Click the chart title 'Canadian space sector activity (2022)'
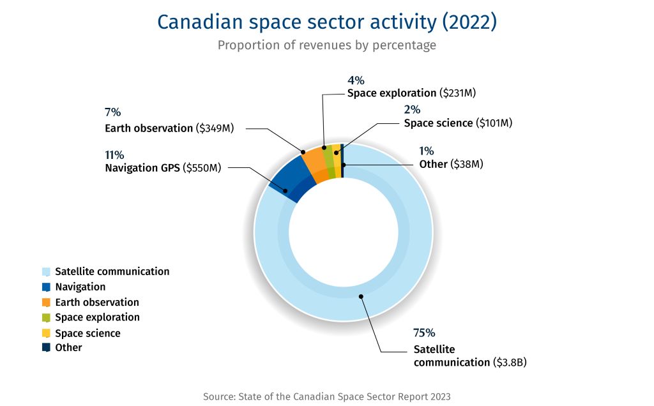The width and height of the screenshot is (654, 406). (326, 22)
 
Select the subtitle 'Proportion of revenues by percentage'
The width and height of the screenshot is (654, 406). (326, 45)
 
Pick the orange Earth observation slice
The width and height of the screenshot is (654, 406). (316, 164)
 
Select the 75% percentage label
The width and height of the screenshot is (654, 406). (424, 333)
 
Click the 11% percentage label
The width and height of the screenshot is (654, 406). (114, 155)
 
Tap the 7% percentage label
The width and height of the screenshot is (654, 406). (112, 112)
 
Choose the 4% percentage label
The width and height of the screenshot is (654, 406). (356, 80)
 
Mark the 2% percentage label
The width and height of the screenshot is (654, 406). (412, 109)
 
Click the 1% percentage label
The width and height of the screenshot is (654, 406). (426, 151)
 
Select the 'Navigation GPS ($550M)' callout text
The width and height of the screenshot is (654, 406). (163, 169)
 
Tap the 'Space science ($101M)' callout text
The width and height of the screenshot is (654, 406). (458, 123)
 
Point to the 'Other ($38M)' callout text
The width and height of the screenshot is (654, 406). (451, 164)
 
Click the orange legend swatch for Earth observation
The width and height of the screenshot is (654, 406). (46, 303)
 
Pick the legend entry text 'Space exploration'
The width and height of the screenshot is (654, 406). (97, 317)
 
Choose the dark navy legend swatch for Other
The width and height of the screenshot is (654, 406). (46, 348)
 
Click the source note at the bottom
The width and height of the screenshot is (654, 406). (326, 396)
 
